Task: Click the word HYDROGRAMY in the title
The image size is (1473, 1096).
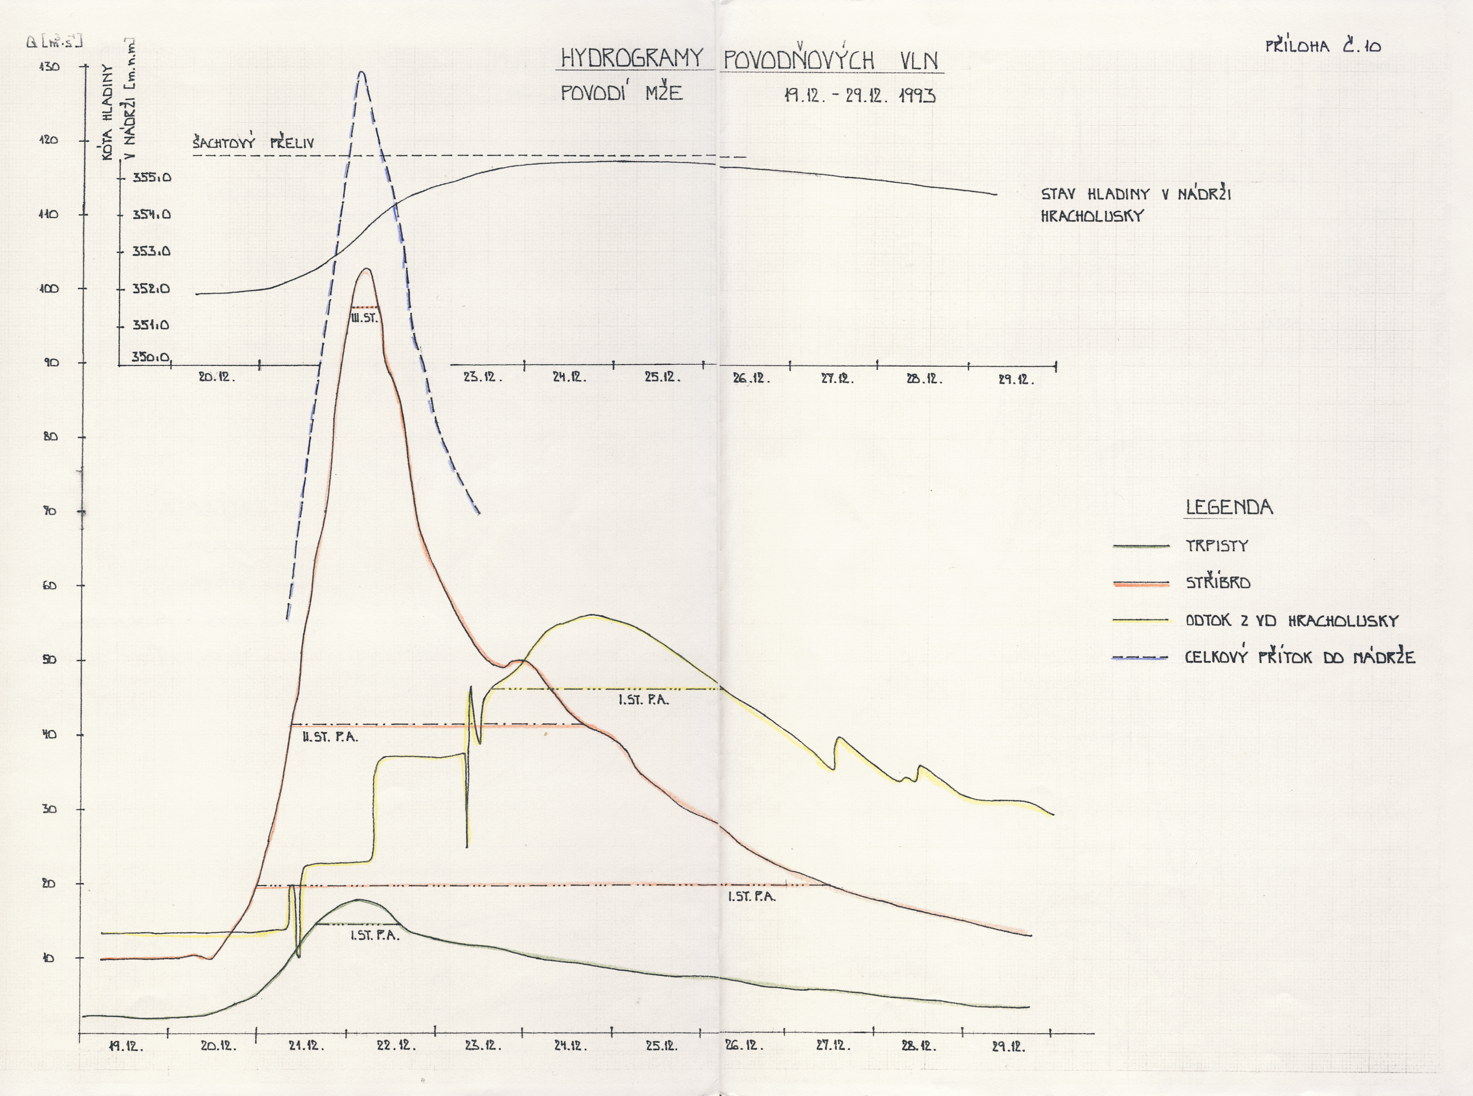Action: pos(631,59)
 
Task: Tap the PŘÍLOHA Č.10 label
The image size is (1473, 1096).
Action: pos(1323,46)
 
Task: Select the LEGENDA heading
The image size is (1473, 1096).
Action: pos(1229,508)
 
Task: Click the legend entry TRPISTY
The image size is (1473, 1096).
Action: pos(1217,546)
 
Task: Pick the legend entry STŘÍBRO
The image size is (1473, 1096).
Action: pos(1218,583)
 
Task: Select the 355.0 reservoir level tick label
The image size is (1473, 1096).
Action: pos(151,178)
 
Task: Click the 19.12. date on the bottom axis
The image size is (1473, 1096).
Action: pos(125,1046)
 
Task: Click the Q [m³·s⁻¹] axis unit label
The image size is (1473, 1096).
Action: pos(54,43)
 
